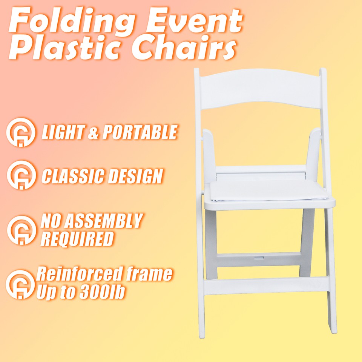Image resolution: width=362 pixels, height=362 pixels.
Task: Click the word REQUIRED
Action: pos(77,239)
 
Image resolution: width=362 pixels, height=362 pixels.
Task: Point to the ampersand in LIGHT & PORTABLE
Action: pos(92,133)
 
